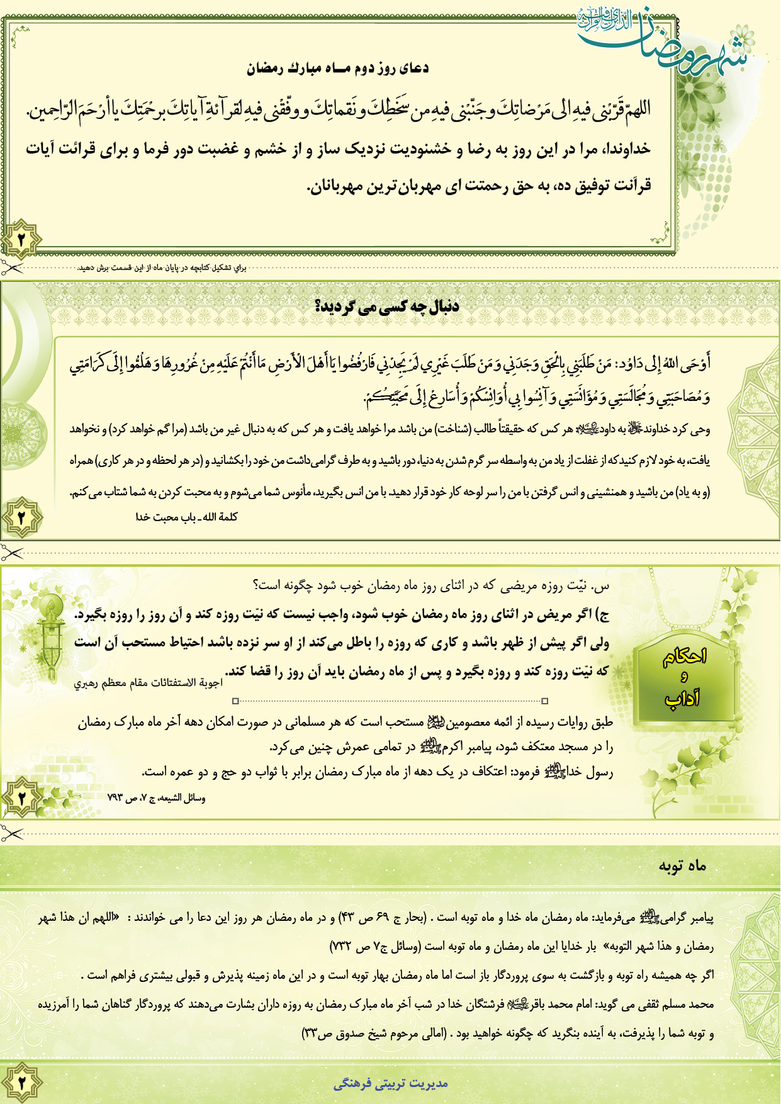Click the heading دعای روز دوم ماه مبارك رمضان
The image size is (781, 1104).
tap(337, 68)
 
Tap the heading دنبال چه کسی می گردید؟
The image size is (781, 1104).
tap(386, 307)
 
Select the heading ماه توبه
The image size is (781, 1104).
tap(682, 866)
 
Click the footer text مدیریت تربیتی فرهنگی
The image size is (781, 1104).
tap(391, 1083)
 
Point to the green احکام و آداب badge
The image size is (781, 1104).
tap(684, 677)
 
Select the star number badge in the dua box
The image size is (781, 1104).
tap(21, 240)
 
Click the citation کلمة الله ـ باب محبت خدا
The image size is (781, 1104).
tap(186, 517)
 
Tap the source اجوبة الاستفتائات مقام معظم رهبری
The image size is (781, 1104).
tap(148, 684)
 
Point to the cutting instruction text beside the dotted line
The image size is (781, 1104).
tap(162, 268)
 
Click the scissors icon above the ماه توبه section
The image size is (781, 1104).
tap(11, 834)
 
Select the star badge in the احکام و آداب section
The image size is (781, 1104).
tap(21, 798)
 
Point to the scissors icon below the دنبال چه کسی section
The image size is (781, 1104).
tap(11, 554)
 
